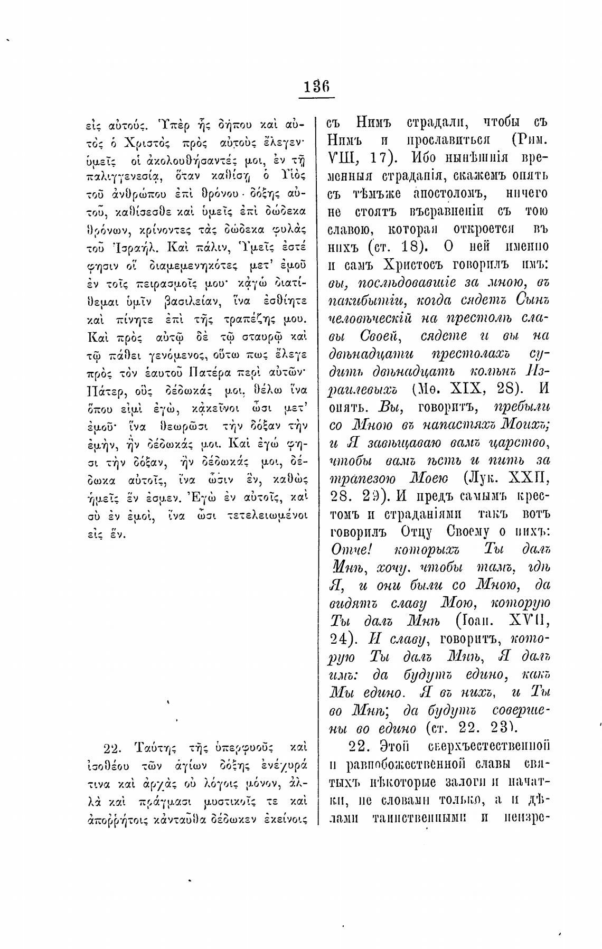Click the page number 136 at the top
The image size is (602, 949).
click(317, 85)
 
